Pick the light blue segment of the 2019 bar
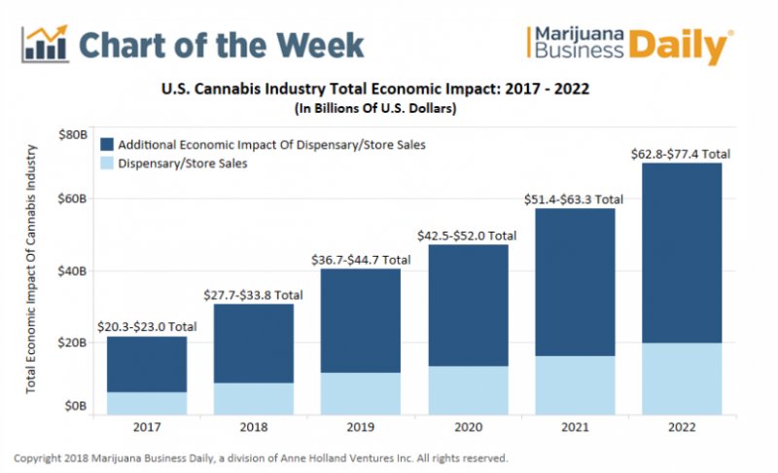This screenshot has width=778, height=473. (361, 393)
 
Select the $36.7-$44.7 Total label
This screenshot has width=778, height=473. (361, 259)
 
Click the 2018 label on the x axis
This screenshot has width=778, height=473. (254, 426)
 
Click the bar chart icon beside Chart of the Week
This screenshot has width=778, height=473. (43, 44)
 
